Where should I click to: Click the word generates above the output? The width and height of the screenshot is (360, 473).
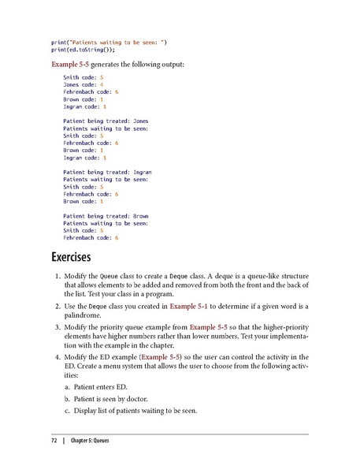[x=112, y=63]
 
